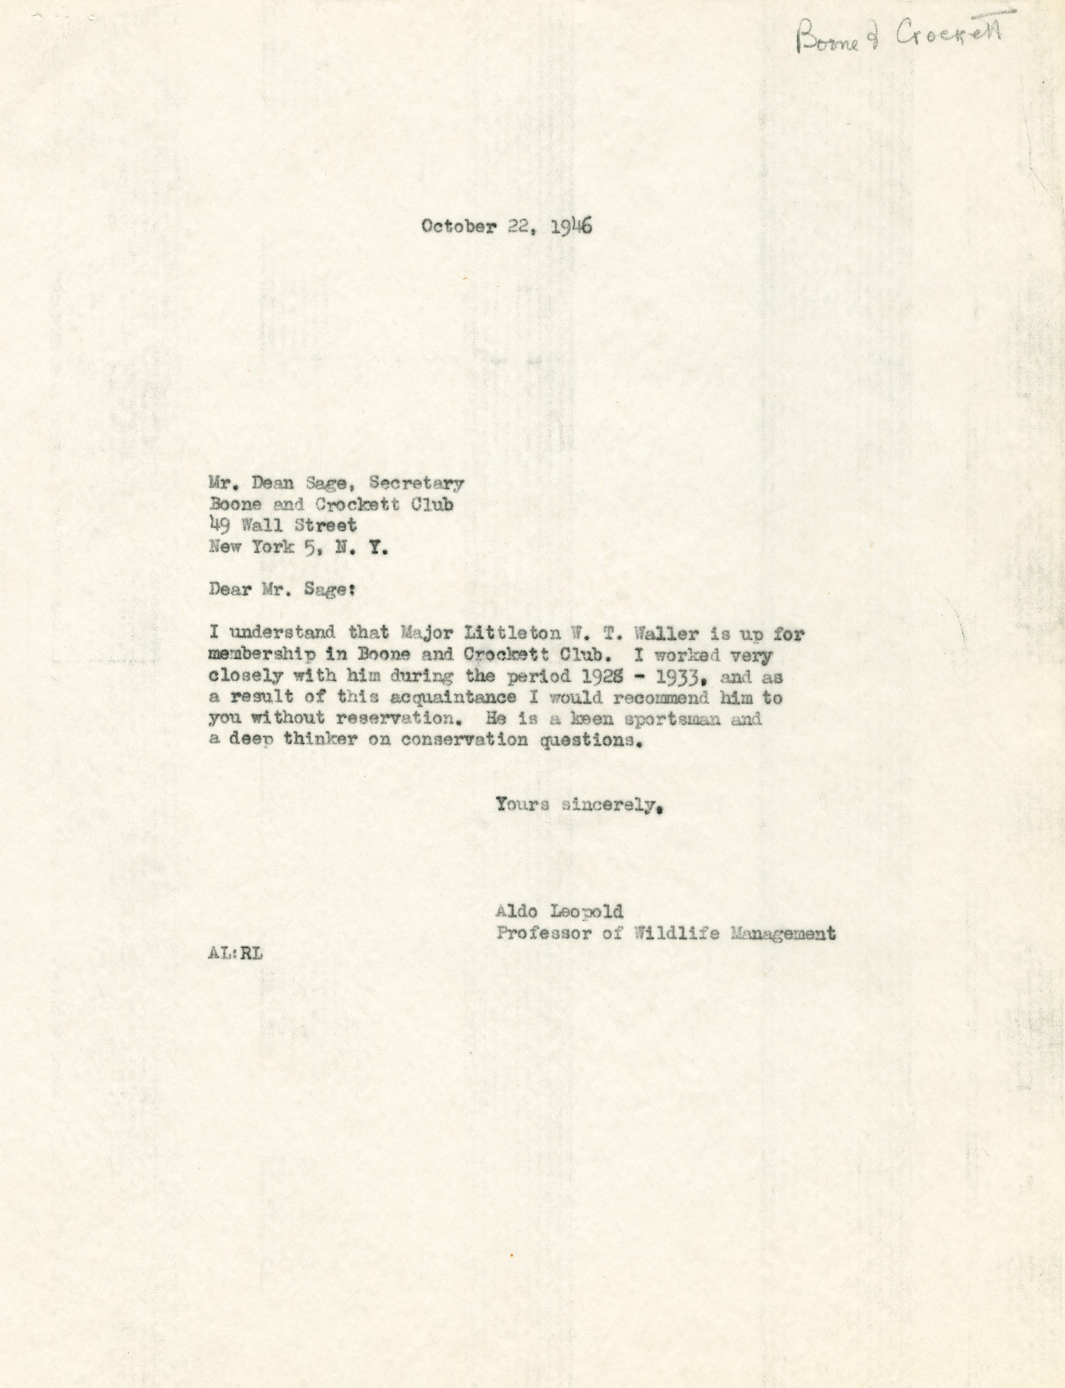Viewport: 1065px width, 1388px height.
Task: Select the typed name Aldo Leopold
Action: (x=560, y=912)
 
